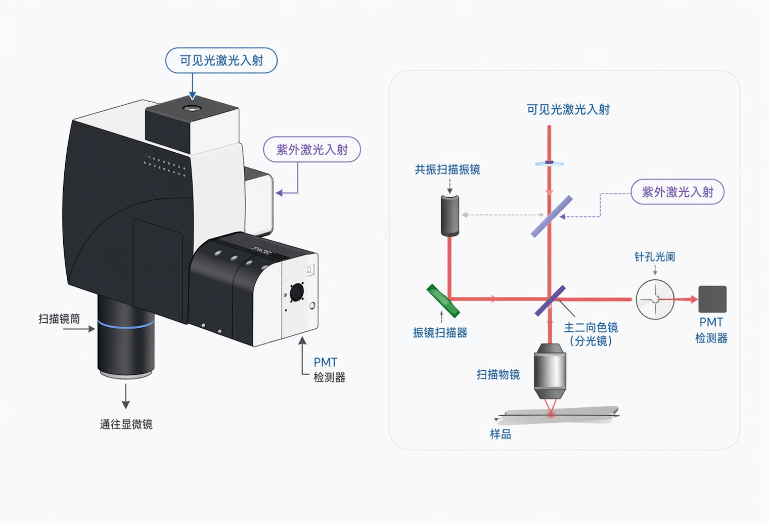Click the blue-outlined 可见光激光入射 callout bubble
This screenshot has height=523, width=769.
click(221, 61)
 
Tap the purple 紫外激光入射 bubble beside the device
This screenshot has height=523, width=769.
click(312, 150)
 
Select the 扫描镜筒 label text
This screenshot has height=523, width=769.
click(59, 319)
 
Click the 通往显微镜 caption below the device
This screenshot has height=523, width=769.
click(126, 424)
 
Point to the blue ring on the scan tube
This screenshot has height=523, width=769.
click(126, 324)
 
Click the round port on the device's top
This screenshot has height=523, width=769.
click(192, 108)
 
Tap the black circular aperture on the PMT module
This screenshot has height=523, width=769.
click(297, 292)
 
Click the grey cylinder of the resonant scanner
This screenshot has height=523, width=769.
click(449, 216)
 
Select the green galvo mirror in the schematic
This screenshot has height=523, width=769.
click(443, 301)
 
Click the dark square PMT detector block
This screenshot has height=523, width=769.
click(712, 299)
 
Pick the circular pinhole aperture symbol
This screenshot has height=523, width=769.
click(655, 299)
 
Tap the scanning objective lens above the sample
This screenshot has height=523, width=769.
click(550, 371)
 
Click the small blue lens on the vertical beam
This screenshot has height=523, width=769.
click(549, 163)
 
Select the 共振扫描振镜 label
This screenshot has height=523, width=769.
click(447, 170)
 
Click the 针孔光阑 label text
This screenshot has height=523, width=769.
click(655, 257)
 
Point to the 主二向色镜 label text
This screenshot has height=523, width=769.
click(591, 328)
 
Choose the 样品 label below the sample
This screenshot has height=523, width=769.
click(501, 434)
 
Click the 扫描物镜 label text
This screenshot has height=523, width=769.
click(498, 375)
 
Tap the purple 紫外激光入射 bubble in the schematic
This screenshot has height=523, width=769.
click(677, 192)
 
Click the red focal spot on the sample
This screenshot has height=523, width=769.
click(551, 414)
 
